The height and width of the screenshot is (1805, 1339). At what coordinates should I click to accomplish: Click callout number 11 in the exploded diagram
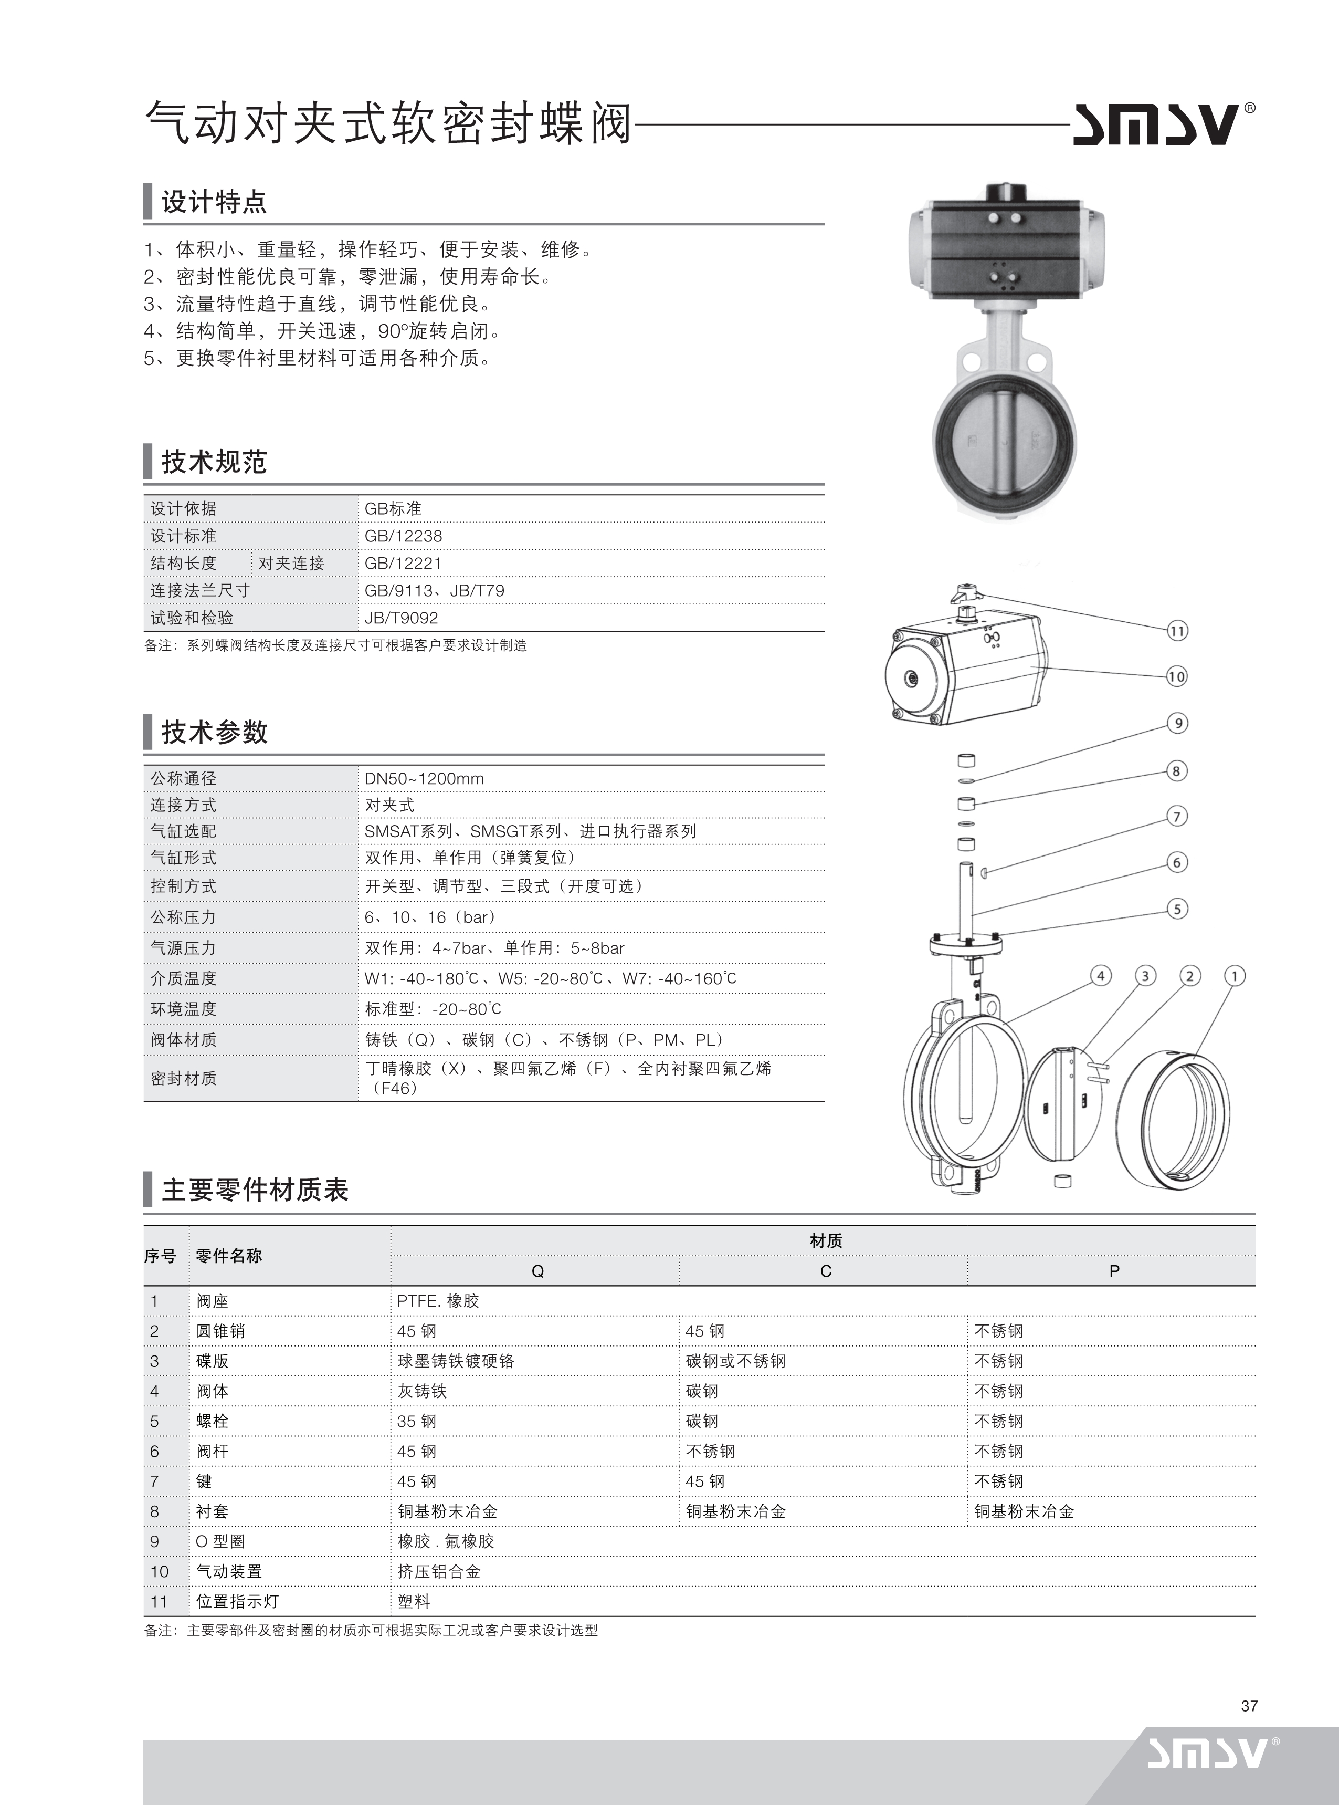1177,631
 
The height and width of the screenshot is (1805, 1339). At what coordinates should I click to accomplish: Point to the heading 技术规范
214,462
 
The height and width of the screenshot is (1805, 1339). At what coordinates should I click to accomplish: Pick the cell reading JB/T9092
401,618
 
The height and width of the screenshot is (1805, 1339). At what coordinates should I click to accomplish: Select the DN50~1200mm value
424,778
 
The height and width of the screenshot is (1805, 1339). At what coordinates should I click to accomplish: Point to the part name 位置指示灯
237,1601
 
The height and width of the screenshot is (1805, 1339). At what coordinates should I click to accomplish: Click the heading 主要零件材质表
255,1191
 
